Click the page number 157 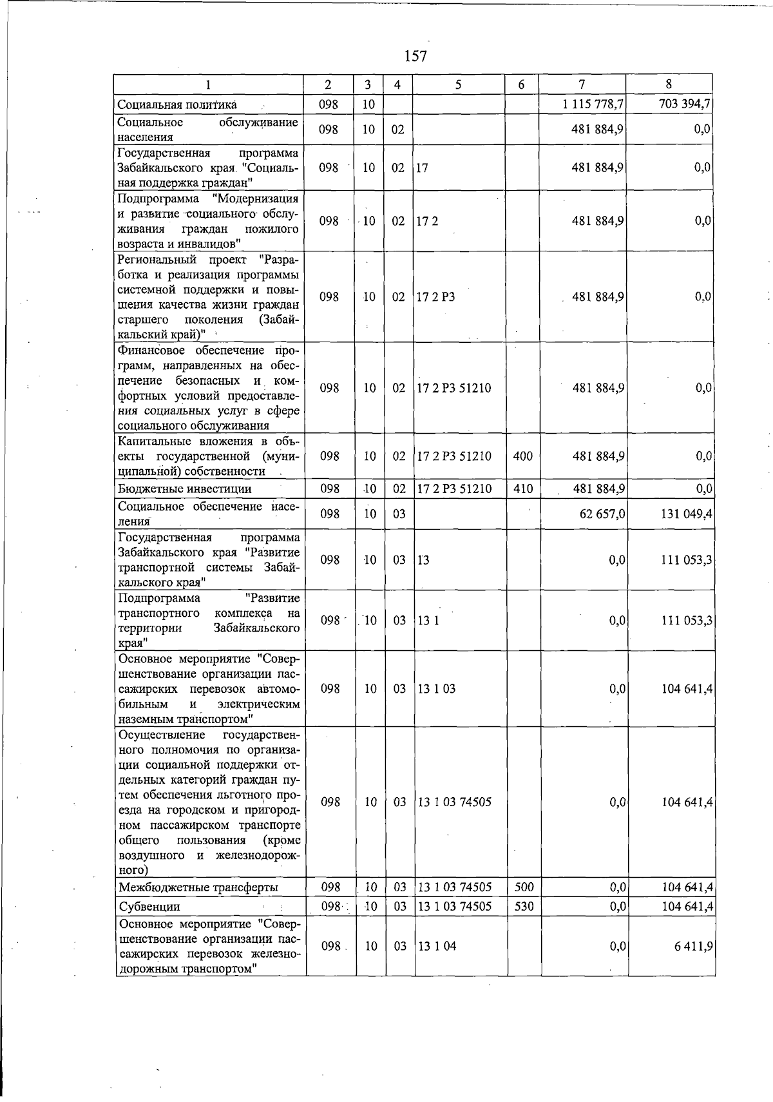(415, 57)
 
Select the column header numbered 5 (458, 84)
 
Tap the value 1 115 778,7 (593, 104)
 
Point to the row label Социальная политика (178, 104)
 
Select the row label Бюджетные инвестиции (184, 489)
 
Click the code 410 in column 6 (523, 489)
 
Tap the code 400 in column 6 (523, 456)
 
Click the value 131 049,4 (686, 514)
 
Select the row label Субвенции (149, 907)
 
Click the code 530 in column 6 (523, 906)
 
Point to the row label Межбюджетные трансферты (198, 888)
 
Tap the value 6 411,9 (694, 947)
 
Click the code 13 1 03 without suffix (437, 689)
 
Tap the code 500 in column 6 (523, 887)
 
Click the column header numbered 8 (669, 84)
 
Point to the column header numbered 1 (209, 84)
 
